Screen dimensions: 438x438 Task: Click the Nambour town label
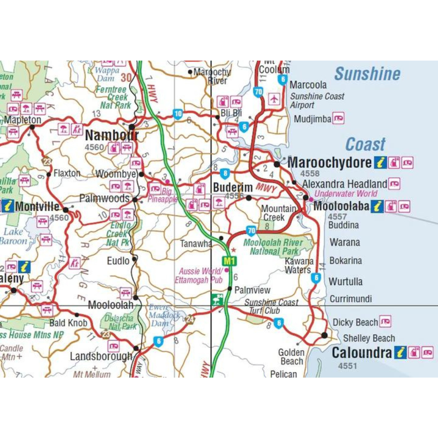point(111,135)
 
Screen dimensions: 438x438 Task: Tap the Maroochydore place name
point(329,162)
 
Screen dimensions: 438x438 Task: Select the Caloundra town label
point(361,352)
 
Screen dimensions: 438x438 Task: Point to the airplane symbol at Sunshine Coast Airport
point(274,99)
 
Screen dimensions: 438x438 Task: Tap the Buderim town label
point(233,187)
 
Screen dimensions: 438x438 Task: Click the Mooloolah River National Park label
point(273,247)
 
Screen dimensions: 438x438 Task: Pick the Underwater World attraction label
point(346,194)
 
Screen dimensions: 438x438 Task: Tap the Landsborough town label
point(101,357)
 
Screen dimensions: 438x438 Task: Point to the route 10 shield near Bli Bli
point(177,114)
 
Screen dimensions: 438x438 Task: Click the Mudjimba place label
point(312,119)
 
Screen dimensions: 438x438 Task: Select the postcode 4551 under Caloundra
point(347,366)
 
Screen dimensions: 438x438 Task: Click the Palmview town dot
point(230,288)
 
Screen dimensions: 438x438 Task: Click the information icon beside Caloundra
point(400,352)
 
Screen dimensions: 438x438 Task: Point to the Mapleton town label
point(23,120)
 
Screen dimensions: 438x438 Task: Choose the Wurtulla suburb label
point(346,282)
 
